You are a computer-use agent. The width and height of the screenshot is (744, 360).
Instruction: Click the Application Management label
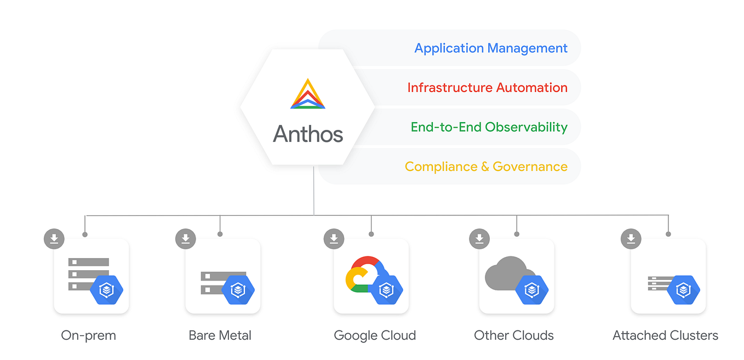[490, 48]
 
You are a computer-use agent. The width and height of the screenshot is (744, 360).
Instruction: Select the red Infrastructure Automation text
[487, 88]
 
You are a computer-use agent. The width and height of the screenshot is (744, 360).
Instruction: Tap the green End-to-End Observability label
[489, 127]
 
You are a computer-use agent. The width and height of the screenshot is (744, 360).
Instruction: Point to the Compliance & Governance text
[486, 167]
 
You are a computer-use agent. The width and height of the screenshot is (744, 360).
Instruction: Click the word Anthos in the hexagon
[308, 134]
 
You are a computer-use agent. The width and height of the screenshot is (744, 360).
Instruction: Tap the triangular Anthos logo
[308, 94]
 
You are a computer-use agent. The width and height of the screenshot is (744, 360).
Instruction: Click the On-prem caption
[89, 335]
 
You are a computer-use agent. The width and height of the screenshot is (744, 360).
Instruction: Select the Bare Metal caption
[220, 335]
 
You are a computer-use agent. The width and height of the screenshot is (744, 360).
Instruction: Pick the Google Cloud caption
[375, 335]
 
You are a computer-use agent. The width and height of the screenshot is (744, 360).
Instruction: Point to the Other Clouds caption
[514, 335]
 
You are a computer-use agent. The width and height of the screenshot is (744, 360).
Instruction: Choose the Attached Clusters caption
[665, 335]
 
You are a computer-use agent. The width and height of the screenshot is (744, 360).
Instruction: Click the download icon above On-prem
[54, 239]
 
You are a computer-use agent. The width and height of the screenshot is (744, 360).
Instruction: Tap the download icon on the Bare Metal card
[186, 239]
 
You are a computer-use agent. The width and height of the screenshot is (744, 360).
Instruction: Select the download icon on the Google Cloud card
[334, 239]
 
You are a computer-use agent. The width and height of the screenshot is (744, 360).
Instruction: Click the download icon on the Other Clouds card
[480, 239]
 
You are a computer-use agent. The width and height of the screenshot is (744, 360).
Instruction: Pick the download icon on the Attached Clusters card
[631, 239]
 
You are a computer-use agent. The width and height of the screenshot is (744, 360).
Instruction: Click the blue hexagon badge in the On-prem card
[106, 289]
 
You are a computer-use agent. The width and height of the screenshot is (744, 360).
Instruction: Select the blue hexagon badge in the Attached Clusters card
[683, 289]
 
